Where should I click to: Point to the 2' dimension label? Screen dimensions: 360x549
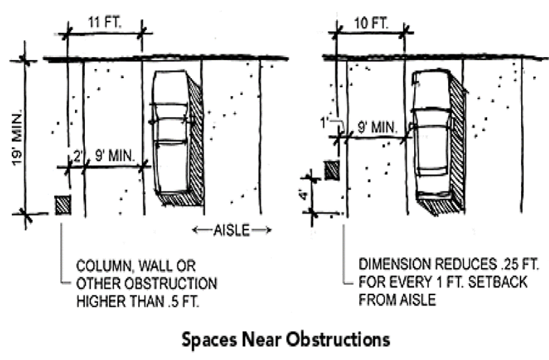click(77, 156)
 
